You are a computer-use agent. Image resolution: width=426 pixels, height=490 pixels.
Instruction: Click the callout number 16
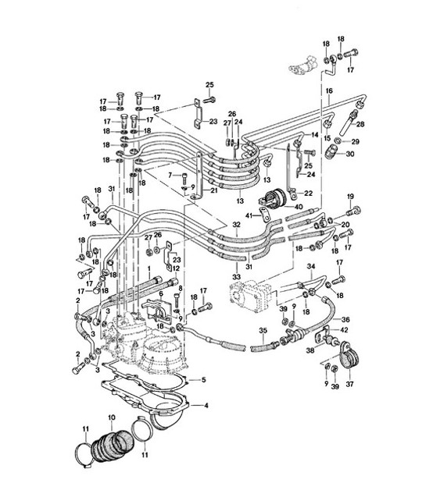pyautogui.click(x=329, y=91)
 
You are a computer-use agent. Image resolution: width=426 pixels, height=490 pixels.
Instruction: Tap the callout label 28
pyautogui.click(x=360, y=124)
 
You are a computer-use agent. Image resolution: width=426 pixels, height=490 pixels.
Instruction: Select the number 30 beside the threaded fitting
pyautogui.click(x=349, y=155)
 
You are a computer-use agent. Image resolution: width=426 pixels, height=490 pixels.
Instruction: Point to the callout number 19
pyautogui.click(x=350, y=195)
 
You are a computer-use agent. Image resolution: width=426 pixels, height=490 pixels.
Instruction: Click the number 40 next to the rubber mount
pyautogui.click(x=298, y=206)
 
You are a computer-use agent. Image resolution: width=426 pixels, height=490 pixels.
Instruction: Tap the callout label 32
pyautogui.click(x=236, y=224)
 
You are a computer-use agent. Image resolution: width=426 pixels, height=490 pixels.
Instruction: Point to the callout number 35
pyautogui.click(x=263, y=331)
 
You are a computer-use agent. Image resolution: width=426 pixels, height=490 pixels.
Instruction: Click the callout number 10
pyautogui.click(x=112, y=419)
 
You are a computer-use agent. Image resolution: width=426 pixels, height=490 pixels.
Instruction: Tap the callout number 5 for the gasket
pyautogui.click(x=203, y=380)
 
